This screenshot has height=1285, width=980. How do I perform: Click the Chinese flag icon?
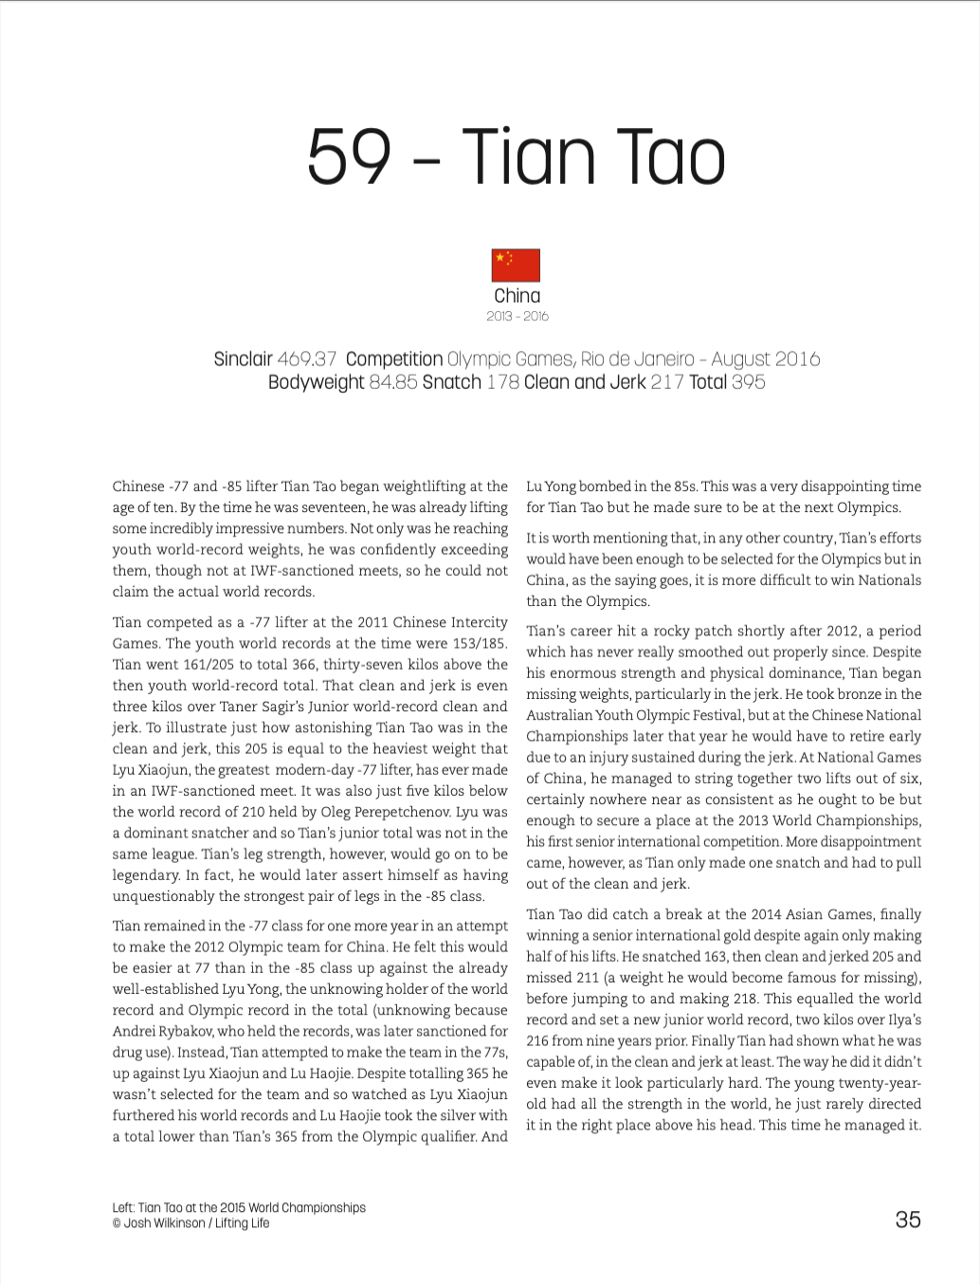(516, 266)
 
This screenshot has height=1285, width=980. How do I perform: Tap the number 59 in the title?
(349, 157)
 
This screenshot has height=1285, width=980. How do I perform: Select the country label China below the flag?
(517, 296)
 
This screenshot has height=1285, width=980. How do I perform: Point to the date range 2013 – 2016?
(517, 316)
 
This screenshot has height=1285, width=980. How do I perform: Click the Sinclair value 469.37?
(307, 359)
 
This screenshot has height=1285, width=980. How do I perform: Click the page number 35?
(907, 1220)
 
